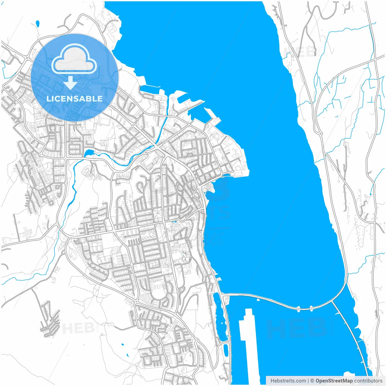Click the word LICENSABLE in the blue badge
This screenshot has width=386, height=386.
coord(74,99)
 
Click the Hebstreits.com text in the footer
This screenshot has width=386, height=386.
coord(288,381)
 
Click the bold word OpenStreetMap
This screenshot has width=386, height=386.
coord(334,381)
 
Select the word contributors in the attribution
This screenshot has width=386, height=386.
coord(368,381)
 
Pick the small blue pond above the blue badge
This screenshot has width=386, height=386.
coord(37,23)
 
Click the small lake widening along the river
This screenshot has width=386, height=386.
coord(89,153)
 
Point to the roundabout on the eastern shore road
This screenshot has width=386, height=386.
coord(320,133)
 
